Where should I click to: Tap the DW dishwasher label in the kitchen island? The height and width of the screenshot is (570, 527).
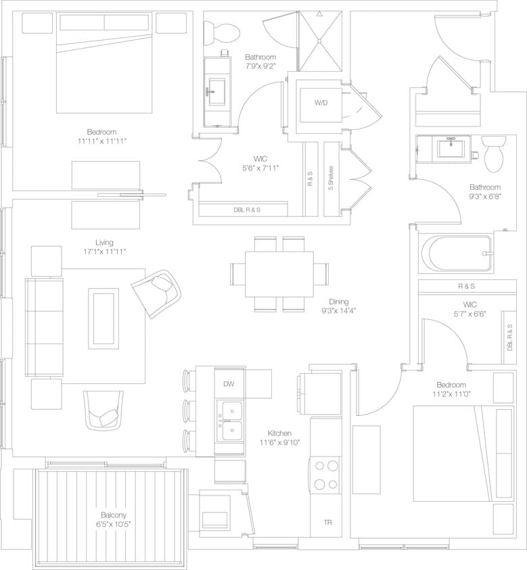229,383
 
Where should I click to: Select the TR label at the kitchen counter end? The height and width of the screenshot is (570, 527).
327,523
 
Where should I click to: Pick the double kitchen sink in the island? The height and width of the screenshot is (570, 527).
230,420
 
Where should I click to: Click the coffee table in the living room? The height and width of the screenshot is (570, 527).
103,318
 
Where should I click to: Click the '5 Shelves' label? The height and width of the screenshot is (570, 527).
330,179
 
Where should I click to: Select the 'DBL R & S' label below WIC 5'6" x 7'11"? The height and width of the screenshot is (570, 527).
247,210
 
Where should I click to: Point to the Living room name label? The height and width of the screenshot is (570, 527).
104,242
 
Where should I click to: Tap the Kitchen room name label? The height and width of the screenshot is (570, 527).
279,433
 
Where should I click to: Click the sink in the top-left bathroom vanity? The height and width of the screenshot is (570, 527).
218,90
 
